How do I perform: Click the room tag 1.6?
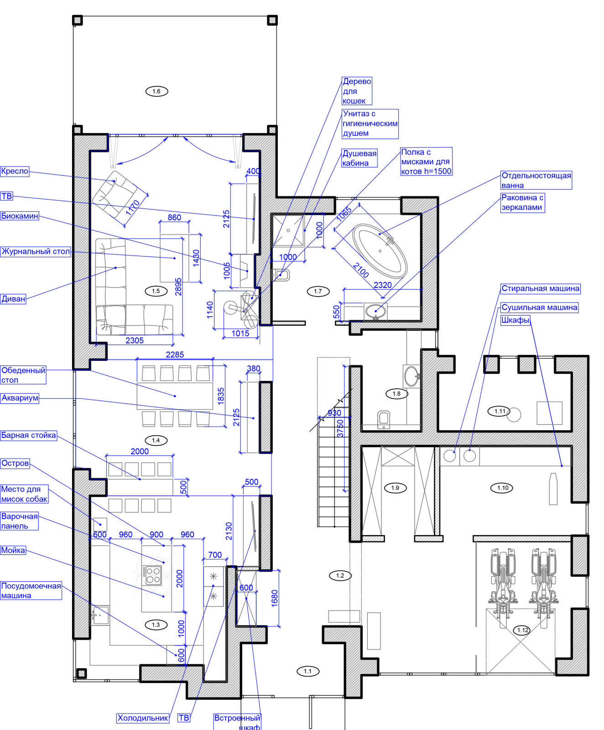point(156,91)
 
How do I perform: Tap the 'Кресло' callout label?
point(15,171)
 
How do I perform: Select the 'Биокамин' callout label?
point(20,216)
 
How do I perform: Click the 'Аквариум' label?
point(20,398)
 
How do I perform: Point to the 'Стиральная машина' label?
point(540,288)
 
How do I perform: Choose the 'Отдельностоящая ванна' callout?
point(536,180)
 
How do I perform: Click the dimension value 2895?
point(178,287)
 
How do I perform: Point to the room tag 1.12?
point(523,630)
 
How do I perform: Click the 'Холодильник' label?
point(143,718)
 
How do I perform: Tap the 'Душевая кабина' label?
point(359,158)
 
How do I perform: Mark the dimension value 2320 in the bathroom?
point(383,285)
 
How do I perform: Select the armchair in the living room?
point(115,194)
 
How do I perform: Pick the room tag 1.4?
point(156,440)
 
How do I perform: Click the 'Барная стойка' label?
point(28,435)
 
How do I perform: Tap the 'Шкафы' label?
point(515,320)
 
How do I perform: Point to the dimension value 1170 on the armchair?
point(133,208)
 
